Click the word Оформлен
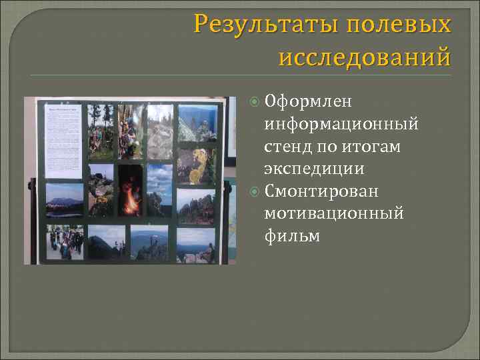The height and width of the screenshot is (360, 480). (x=308, y=101)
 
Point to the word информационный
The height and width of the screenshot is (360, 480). (x=341, y=123)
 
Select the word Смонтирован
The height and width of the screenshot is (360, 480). (x=321, y=191)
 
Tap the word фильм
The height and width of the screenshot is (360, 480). (x=292, y=236)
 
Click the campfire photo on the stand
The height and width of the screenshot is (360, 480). (x=131, y=192)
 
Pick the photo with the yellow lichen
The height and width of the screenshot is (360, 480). (x=196, y=165)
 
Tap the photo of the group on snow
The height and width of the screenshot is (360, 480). (x=65, y=241)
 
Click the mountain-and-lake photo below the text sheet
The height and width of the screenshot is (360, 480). (x=65, y=199)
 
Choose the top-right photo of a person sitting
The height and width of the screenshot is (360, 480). (x=199, y=121)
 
